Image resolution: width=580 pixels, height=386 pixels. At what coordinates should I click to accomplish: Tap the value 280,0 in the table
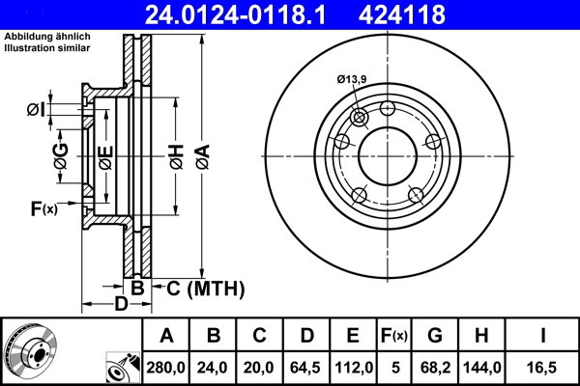click(x=166, y=367)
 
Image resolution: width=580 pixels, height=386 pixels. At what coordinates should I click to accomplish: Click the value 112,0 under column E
click(x=354, y=367)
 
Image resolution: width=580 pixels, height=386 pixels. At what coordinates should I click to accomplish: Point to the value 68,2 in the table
click(x=436, y=367)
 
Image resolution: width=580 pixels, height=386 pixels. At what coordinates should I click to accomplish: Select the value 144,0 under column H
click(x=482, y=367)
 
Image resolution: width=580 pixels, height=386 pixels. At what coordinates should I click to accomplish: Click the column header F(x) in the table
click(x=393, y=336)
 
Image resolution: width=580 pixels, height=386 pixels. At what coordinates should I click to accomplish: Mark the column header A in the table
click(x=166, y=336)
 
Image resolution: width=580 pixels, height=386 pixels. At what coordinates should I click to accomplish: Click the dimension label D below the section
click(x=120, y=306)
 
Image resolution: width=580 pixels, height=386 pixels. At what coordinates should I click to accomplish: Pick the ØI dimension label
click(x=35, y=109)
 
